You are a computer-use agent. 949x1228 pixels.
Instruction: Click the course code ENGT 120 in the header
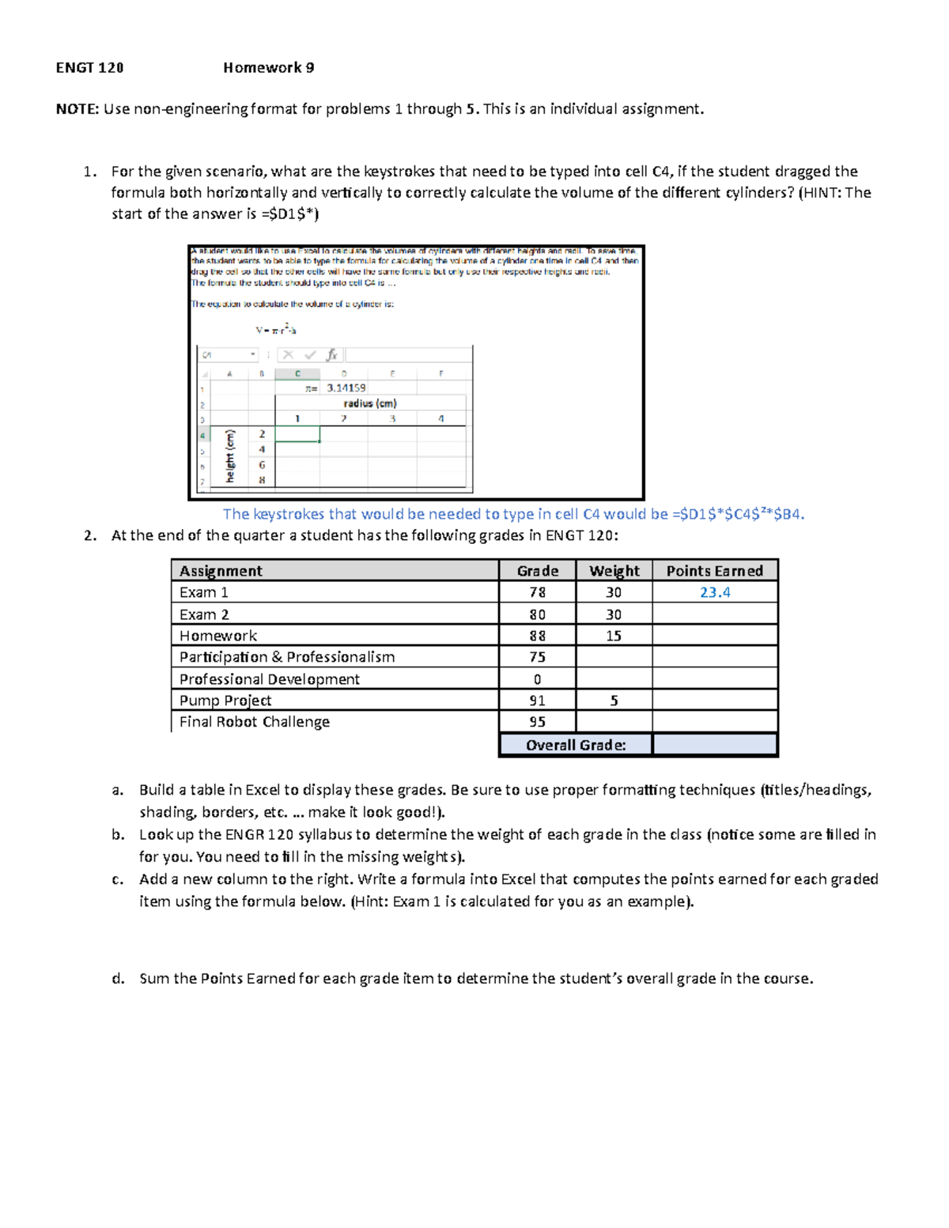coord(89,68)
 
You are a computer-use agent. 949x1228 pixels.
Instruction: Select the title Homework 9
coord(268,68)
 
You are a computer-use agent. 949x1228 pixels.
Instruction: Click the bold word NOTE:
coord(78,109)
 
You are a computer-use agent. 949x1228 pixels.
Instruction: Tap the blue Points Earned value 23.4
coord(715,592)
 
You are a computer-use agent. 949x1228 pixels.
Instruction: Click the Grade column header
coord(537,571)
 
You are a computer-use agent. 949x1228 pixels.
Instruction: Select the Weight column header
coord(614,571)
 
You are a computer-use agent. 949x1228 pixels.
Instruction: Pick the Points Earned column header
coord(714,571)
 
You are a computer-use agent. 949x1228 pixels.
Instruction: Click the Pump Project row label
coord(225,701)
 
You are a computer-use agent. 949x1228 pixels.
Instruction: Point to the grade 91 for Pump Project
coord(537,701)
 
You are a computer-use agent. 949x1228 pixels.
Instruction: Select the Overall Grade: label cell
coord(576,745)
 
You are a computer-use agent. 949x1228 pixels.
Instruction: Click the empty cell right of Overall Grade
coord(715,745)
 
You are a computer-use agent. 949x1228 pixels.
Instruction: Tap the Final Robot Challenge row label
coord(254,722)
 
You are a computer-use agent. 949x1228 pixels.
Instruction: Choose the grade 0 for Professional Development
coord(537,679)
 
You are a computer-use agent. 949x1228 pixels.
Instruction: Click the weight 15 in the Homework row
coord(614,636)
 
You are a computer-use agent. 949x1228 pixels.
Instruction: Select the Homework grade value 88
coord(537,636)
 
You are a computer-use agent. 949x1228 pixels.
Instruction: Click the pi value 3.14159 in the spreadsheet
coord(346,388)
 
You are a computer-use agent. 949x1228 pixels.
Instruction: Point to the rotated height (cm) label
coord(230,456)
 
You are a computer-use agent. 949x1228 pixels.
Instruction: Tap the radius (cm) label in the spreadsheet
coord(370,403)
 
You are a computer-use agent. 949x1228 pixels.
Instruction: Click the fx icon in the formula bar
coord(332,355)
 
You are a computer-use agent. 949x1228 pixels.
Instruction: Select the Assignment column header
coord(221,571)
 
